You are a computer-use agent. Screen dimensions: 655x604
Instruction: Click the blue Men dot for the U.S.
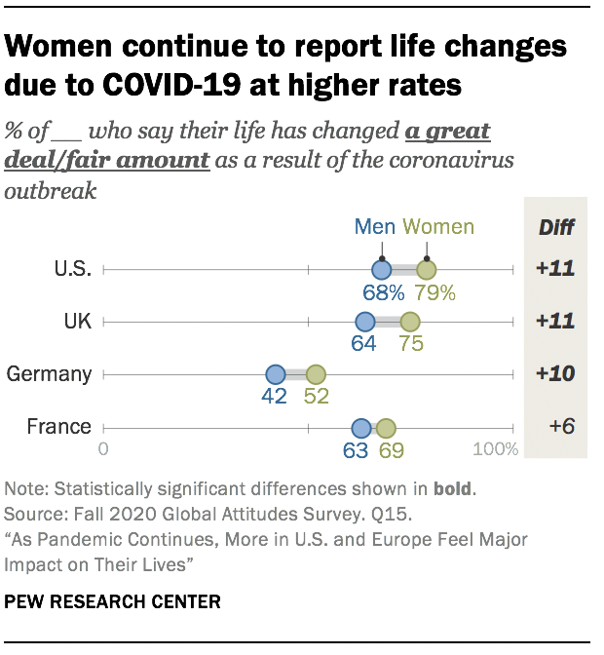coord(381,270)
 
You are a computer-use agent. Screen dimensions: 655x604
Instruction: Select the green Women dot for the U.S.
coord(427,270)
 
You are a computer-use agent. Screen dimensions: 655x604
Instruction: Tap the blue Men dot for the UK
coord(365,322)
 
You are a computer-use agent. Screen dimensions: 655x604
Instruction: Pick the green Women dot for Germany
coord(316,374)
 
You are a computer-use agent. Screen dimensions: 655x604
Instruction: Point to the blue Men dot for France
coord(361,427)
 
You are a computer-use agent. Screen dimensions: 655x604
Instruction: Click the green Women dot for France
coord(386,427)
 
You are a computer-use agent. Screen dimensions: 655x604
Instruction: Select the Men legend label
coord(375,227)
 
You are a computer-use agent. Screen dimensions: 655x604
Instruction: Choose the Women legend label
coord(438,227)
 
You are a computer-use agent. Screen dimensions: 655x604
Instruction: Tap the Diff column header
coord(556,228)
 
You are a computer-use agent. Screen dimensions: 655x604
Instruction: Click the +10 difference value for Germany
coord(555,374)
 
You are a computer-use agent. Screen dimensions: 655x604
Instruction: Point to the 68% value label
coord(384,292)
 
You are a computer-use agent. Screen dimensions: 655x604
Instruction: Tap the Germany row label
coord(49,374)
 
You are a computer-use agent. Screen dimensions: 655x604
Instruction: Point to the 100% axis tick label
coord(495,449)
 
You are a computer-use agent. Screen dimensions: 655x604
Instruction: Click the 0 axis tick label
coord(103,449)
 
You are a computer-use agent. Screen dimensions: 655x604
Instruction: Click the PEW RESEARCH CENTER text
coord(112,601)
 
